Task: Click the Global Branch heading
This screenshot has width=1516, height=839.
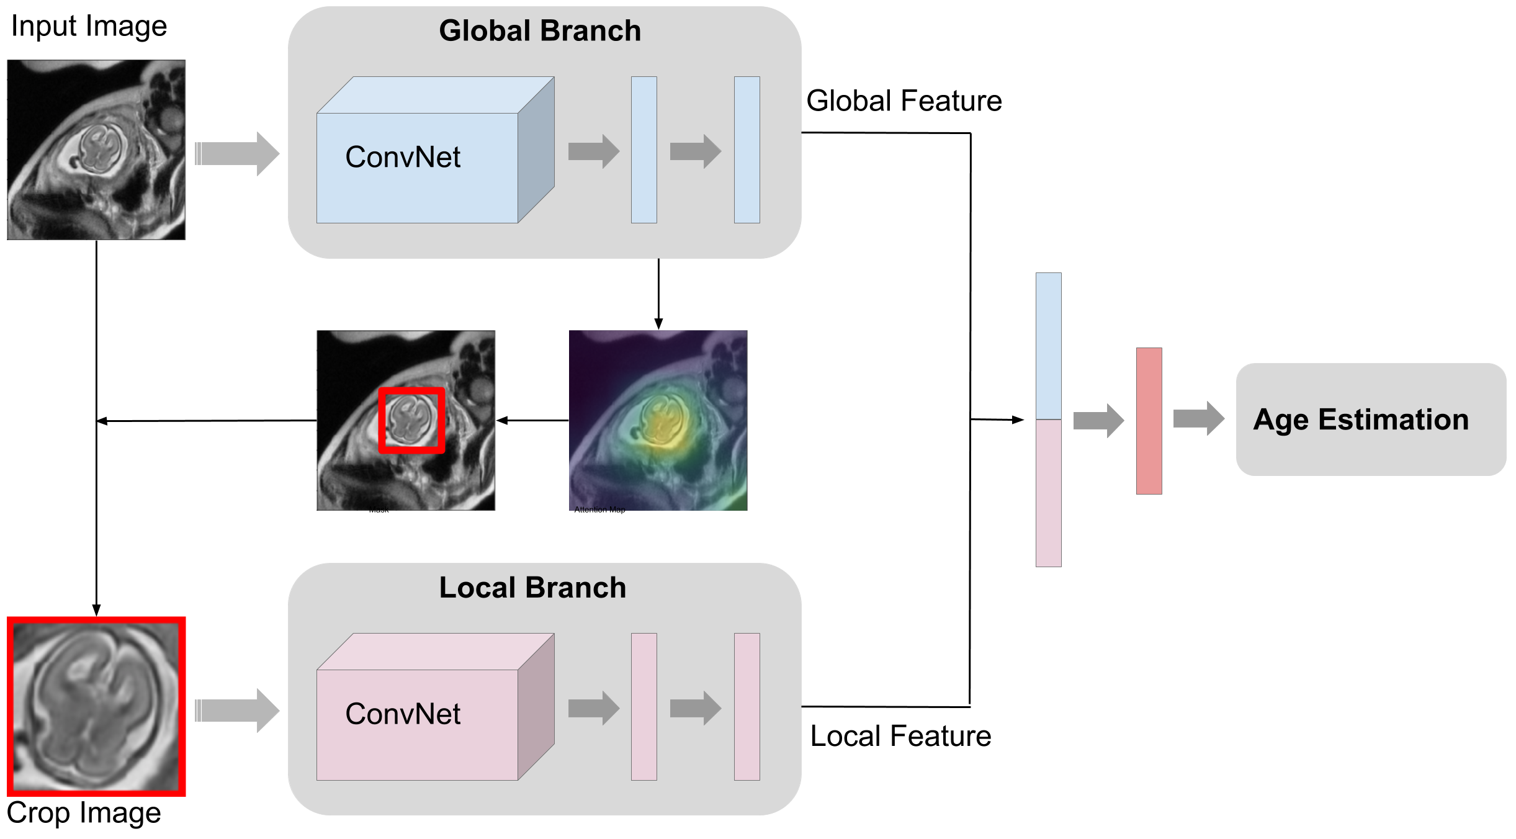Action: (540, 31)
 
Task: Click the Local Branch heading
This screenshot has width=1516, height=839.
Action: (532, 588)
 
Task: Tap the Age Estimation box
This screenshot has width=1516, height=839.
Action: (1370, 419)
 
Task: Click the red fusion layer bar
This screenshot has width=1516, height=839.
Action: (1149, 421)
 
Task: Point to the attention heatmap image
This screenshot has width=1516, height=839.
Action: (658, 420)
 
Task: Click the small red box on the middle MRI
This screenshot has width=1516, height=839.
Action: (412, 420)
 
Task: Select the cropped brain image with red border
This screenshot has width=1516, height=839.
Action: (96, 706)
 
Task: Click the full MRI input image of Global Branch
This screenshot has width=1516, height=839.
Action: (96, 150)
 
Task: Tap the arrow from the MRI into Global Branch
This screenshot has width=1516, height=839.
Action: (237, 153)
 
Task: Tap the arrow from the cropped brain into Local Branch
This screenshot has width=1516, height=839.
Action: (237, 711)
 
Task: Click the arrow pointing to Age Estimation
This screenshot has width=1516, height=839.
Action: (1198, 418)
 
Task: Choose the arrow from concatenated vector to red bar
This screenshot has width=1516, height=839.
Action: (1098, 421)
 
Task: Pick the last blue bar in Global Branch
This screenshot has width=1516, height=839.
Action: (747, 150)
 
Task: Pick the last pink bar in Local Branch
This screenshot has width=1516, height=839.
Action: (747, 706)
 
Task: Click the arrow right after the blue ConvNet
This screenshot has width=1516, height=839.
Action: (593, 151)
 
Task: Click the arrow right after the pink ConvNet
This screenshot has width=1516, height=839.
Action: (593, 708)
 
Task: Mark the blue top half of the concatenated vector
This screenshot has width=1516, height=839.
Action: (1048, 346)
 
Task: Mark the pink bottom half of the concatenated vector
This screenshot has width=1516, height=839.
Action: (1048, 493)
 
